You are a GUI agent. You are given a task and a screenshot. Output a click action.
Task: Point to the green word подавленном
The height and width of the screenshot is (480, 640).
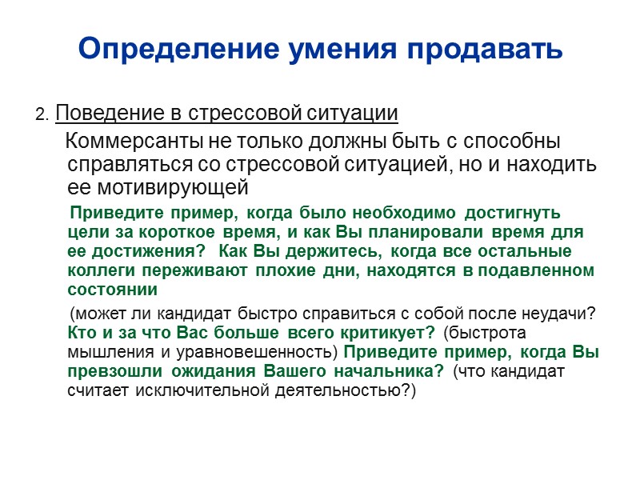(541, 270)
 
